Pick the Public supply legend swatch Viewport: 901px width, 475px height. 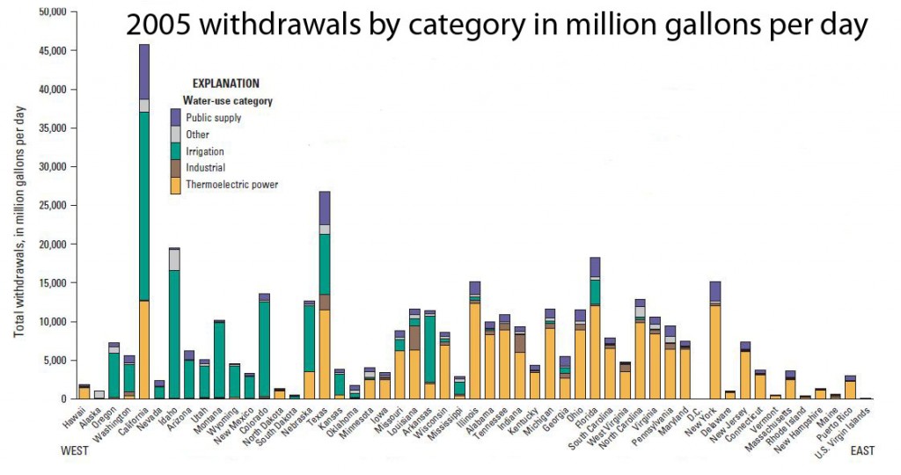click(175, 117)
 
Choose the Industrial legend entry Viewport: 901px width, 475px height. click(204, 168)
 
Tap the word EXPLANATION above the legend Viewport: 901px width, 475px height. click(225, 84)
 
